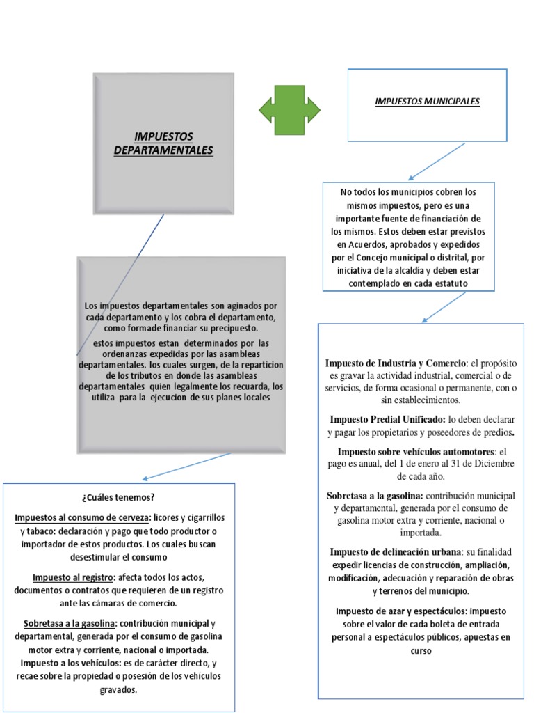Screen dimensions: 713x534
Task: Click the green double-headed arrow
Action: point(289,109)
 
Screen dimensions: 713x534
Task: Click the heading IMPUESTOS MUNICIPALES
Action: point(427,102)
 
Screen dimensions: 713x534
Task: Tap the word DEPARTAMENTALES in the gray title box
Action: point(163,150)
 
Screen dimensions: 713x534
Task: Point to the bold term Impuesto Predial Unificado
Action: point(387,420)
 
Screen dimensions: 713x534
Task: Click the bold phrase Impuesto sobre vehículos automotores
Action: point(416,451)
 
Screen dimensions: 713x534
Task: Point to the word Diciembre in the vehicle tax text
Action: point(493,464)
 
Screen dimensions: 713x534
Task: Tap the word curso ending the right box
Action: point(421,651)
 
